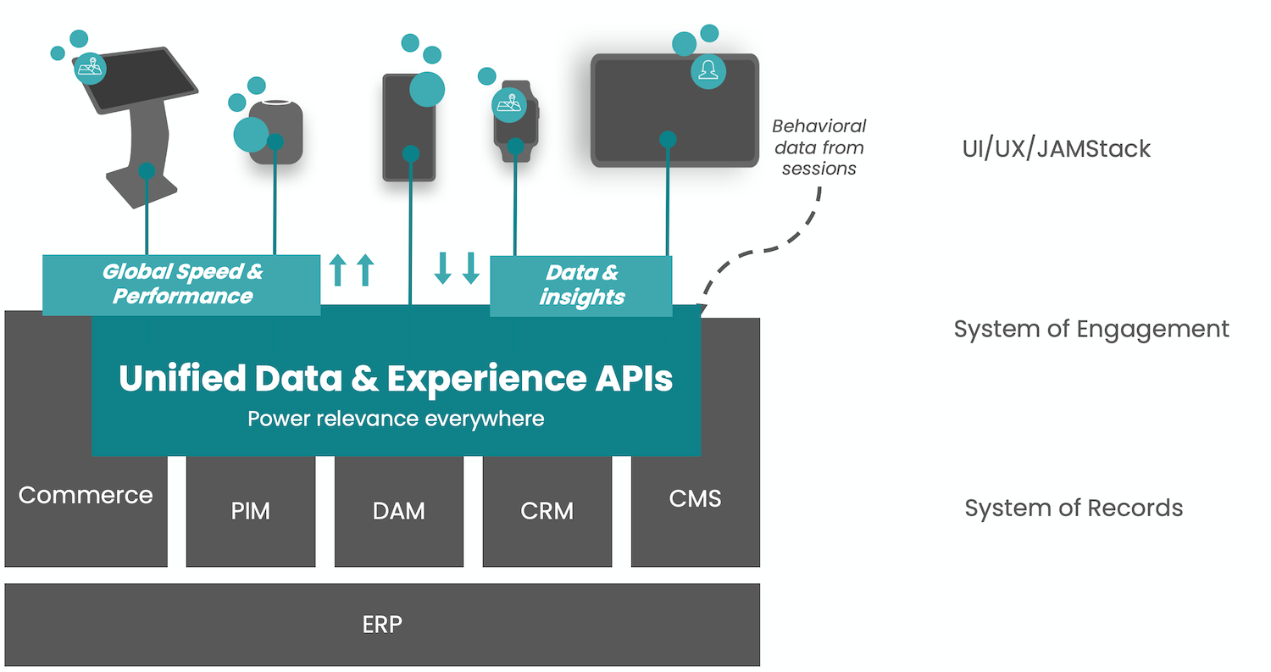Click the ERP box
pos(382,625)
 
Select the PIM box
pos(251,511)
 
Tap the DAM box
pos(399,511)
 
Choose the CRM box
pos(547,511)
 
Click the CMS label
pos(695,498)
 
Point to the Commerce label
pos(86,495)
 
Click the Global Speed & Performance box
pos(181,284)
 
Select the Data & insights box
pos(581,285)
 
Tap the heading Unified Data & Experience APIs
pos(396,378)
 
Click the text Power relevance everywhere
pos(396,419)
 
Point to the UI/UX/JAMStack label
pos(1056,149)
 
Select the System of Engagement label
pos(1091,329)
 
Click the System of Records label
pos(1074,508)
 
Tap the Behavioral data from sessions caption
pos(819,147)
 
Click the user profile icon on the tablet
pos(708,71)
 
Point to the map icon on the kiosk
pos(90,68)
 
